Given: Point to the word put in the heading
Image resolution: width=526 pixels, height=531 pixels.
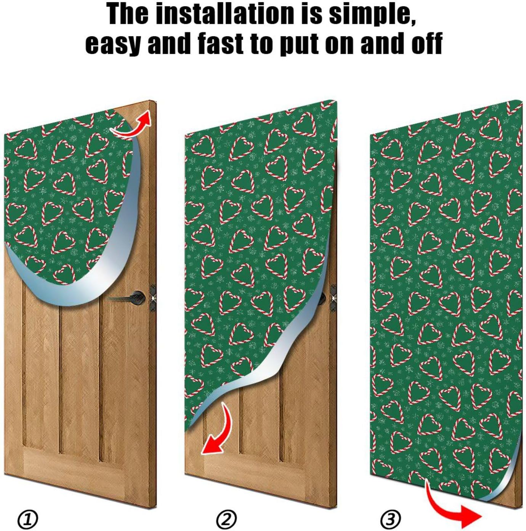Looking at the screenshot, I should (300, 43).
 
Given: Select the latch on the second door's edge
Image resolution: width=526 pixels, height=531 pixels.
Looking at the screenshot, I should (334, 297).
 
